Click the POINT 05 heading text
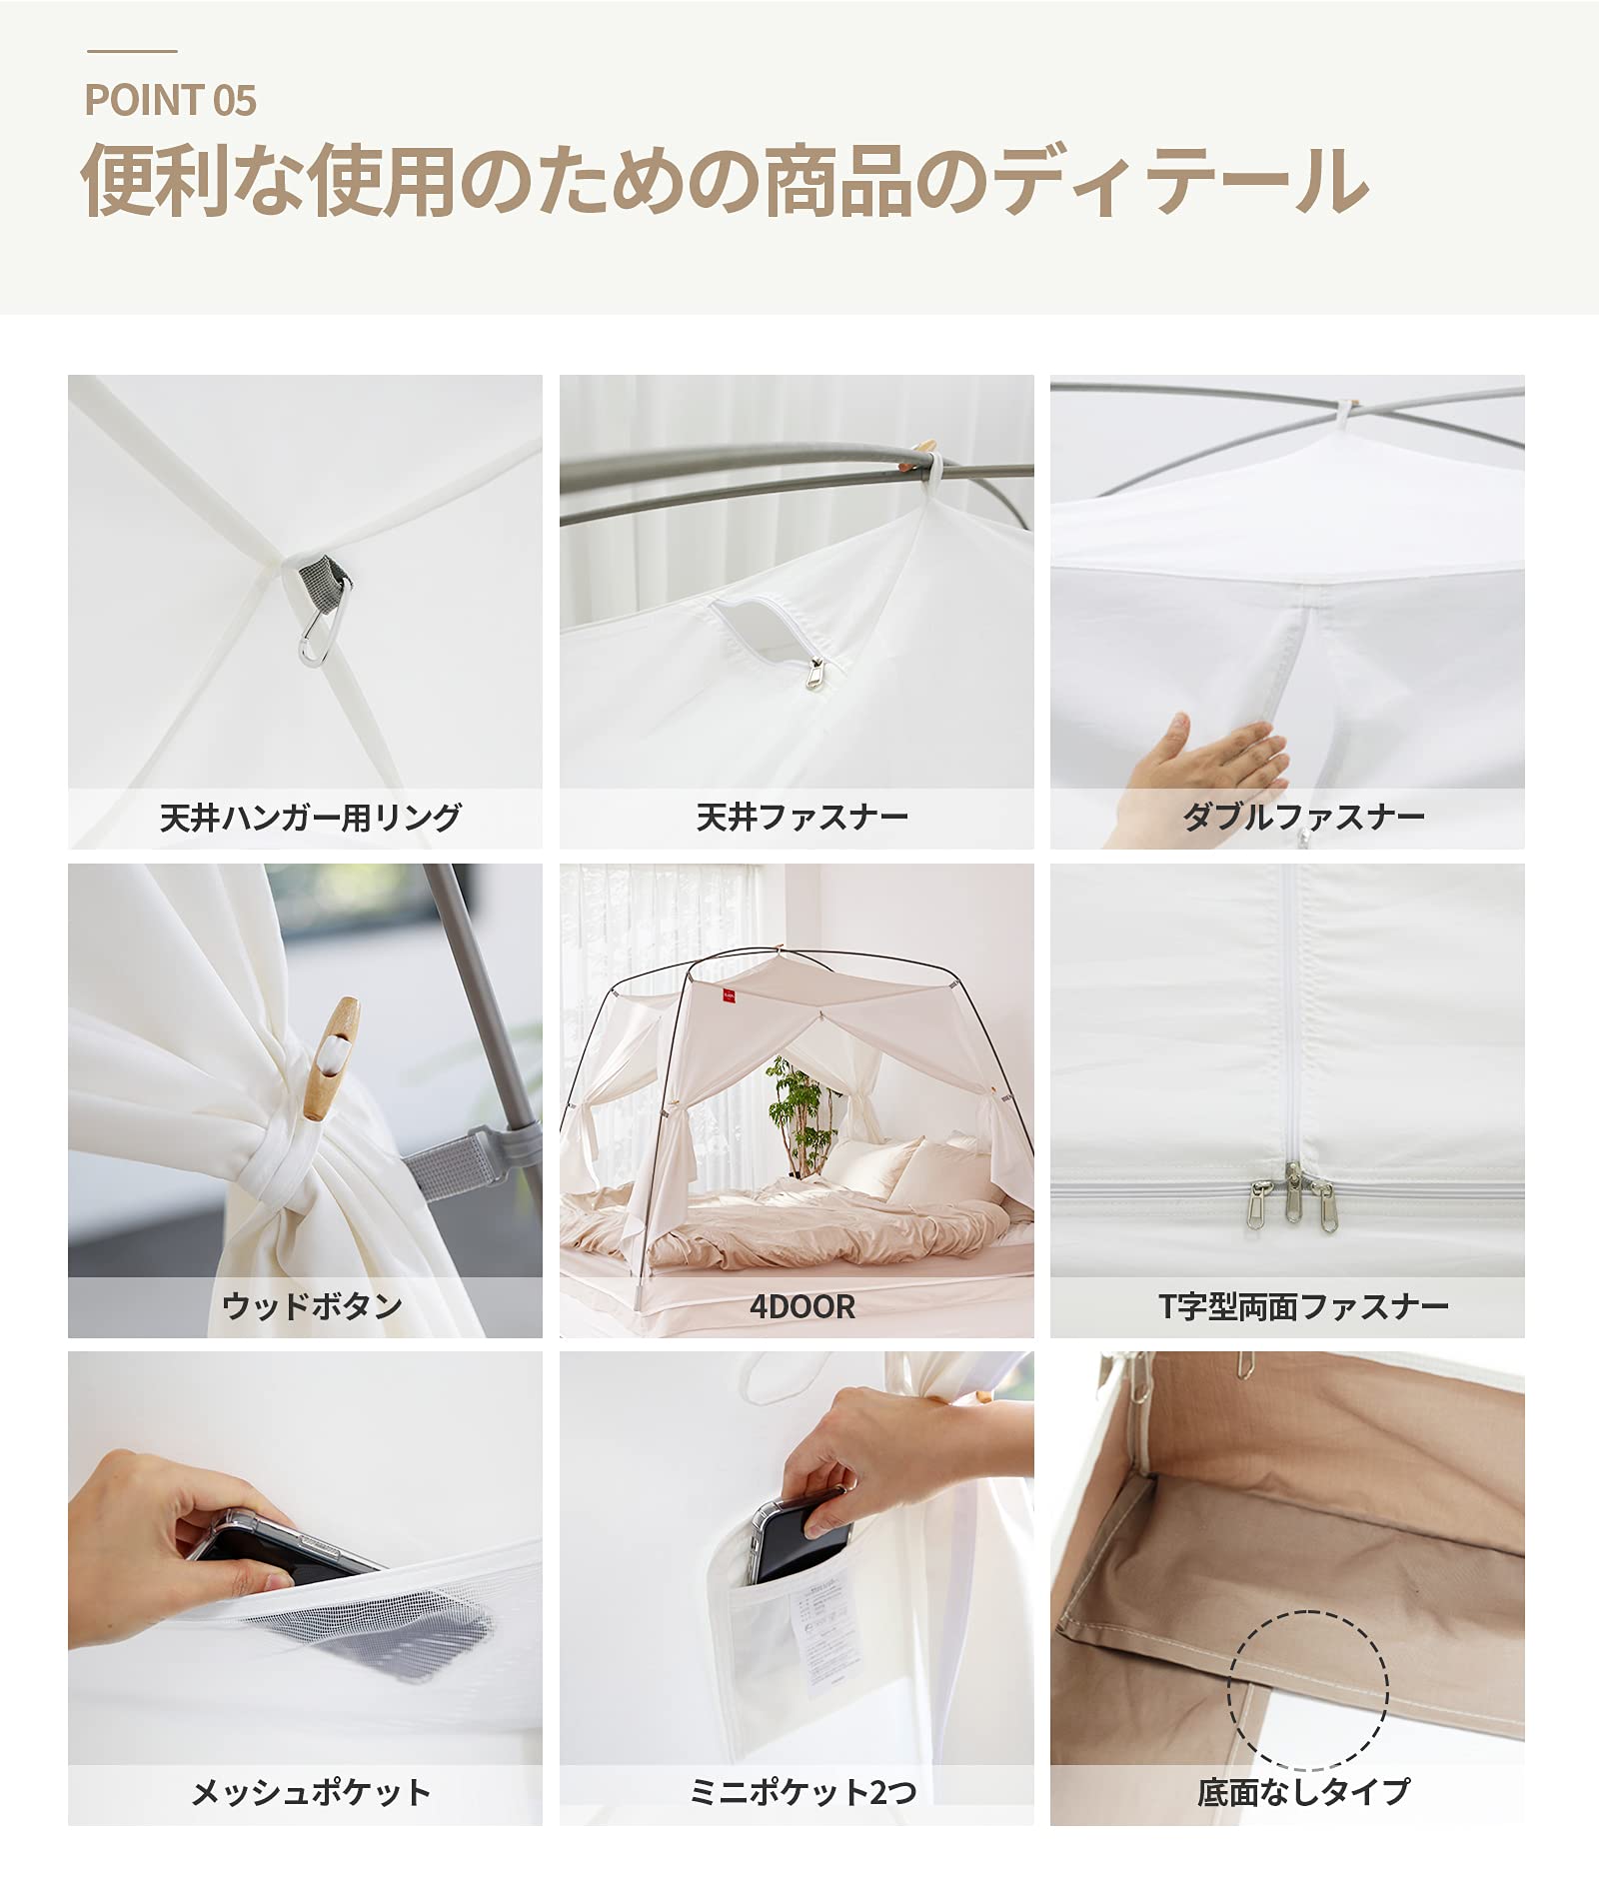pyautogui.click(x=170, y=100)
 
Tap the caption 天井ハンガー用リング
pyautogui.click(x=310, y=818)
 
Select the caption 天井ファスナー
pyautogui.click(x=802, y=818)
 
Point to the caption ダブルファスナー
pyautogui.click(x=1303, y=818)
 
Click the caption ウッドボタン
pyautogui.click(x=312, y=1306)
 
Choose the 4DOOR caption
pyautogui.click(x=802, y=1306)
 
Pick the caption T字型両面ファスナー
pyautogui.click(x=1303, y=1306)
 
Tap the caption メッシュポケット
pyautogui.click(x=310, y=1792)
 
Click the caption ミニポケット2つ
pyautogui.click(x=802, y=1792)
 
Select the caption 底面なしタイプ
pyautogui.click(x=1303, y=1792)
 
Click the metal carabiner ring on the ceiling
pyautogui.click(x=315, y=636)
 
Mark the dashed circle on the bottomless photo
pyautogui.click(x=1307, y=1690)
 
